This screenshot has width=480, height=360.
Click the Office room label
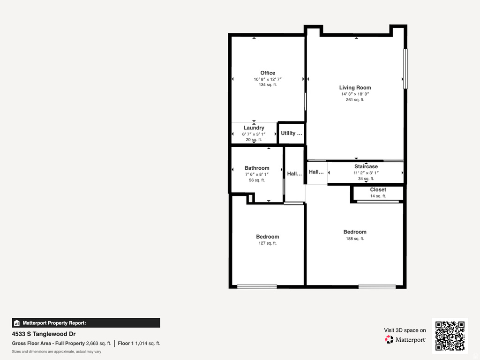tap(268, 73)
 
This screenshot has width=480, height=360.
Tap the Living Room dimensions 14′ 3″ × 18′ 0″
tap(355, 94)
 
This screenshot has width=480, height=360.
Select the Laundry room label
tap(254, 128)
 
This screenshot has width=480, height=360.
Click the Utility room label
tap(291, 134)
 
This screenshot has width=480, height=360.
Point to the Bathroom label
tap(257, 168)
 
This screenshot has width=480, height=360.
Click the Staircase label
tap(366, 166)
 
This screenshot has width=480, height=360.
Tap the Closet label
tap(378, 190)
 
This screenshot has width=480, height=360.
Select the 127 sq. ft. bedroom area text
tap(268, 243)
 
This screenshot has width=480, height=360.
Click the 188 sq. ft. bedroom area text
tap(355, 239)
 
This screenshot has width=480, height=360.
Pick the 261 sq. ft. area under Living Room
tap(355, 100)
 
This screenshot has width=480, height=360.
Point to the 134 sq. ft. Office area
tap(268, 85)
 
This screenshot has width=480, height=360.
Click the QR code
tap(450, 336)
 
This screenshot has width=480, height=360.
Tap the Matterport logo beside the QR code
tap(405, 339)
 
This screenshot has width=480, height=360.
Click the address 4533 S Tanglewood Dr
tap(44, 334)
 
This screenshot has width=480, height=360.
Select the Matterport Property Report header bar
tap(86, 322)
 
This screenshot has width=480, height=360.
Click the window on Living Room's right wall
tap(405, 68)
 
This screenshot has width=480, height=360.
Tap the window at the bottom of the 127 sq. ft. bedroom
tap(256, 286)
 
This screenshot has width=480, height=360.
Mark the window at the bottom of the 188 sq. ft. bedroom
tap(377, 286)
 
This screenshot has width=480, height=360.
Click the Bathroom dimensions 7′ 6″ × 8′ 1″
tap(257, 174)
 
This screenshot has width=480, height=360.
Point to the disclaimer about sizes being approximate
tap(56, 352)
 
